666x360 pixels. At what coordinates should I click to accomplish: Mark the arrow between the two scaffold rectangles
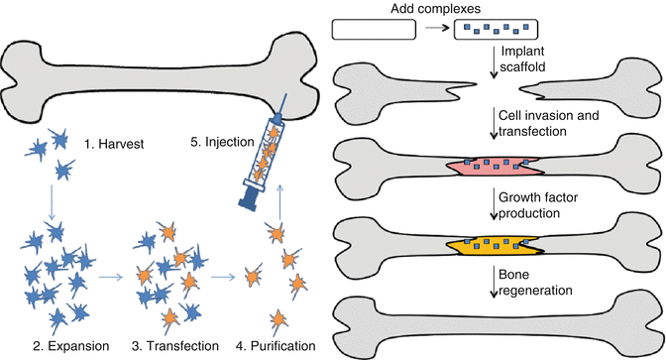tap(433, 30)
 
